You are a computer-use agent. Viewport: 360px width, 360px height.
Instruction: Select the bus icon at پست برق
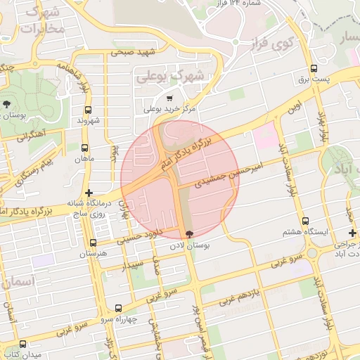tap(314, 69)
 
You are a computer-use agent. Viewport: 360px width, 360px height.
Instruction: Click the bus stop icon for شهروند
tap(89, 110)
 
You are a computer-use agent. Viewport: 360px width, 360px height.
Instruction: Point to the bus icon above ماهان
tap(85, 148)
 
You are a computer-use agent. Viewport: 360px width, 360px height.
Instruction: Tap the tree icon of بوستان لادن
tap(188, 235)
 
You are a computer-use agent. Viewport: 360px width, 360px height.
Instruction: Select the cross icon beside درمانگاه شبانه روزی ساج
tap(89, 193)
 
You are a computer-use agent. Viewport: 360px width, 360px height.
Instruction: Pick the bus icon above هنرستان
tap(94, 242)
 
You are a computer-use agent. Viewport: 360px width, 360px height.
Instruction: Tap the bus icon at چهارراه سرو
tap(117, 308)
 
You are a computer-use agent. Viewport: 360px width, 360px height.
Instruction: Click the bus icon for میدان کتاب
tap(24, 345)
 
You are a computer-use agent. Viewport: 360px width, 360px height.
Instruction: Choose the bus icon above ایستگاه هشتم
tap(305, 221)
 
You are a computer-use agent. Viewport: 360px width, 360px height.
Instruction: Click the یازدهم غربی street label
tap(238, 295)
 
